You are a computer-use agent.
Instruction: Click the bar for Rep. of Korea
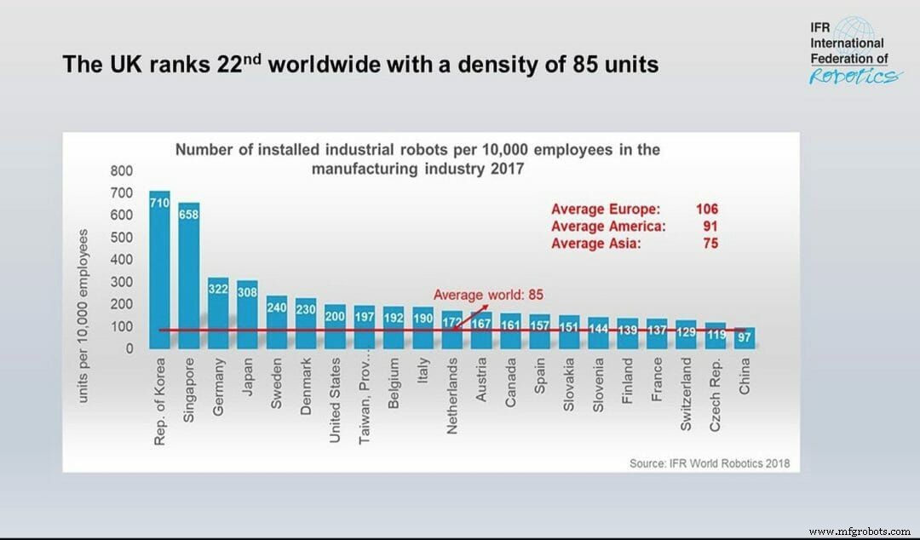click(x=159, y=273)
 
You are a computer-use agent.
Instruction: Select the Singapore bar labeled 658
click(x=188, y=281)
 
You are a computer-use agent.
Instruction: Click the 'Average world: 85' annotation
click(x=488, y=295)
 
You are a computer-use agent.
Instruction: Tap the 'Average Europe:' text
click(x=606, y=209)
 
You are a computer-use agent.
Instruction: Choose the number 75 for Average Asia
click(x=710, y=244)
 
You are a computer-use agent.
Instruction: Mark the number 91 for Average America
click(x=710, y=227)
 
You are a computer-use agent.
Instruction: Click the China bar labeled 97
click(x=745, y=338)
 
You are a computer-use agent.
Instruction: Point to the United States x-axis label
click(x=335, y=400)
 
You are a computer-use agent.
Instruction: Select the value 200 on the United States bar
click(x=335, y=317)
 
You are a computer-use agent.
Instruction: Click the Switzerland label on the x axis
click(x=687, y=396)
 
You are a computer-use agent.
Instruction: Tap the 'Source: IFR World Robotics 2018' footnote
click(x=709, y=463)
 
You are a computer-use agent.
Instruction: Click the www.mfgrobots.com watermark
click(x=859, y=531)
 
